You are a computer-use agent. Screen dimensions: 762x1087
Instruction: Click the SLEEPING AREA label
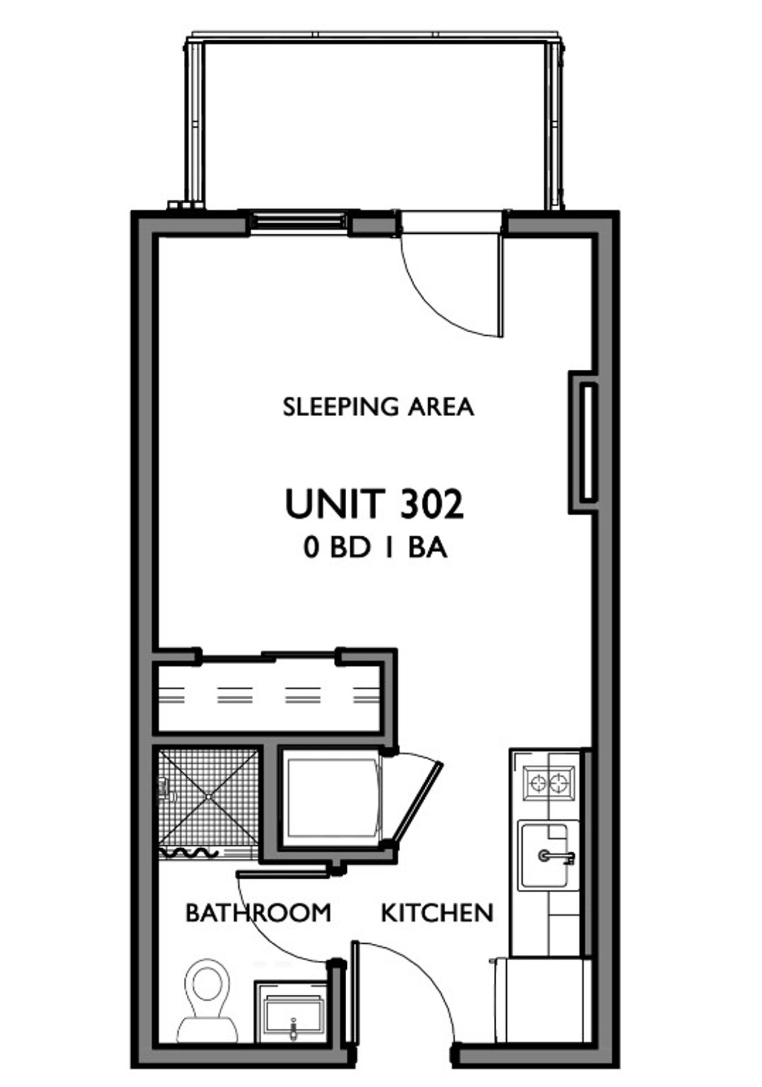pyautogui.click(x=378, y=407)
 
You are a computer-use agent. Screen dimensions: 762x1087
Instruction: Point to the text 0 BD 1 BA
pyautogui.click(x=376, y=548)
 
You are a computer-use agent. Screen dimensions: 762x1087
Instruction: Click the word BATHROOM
pyautogui.click(x=258, y=913)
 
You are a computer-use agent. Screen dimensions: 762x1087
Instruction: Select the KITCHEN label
pyautogui.click(x=437, y=913)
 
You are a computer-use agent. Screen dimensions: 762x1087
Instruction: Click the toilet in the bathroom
pyautogui.click(x=208, y=1002)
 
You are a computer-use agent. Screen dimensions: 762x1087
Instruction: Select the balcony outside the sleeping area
pyautogui.click(x=375, y=122)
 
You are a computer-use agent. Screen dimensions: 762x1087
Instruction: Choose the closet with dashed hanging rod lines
pyautogui.click(x=269, y=698)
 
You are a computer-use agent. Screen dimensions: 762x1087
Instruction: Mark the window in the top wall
pyautogui.click(x=298, y=221)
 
